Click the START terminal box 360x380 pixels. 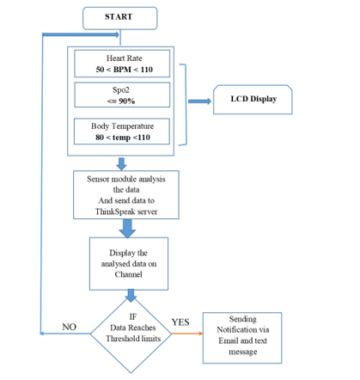tap(120, 17)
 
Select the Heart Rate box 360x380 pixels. tap(122, 63)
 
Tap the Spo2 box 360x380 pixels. tap(122, 95)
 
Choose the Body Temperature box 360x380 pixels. tap(122, 132)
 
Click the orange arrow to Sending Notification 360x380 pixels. tap(186, 334)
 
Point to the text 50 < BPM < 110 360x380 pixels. tap(122, 68)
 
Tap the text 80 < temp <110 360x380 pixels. tap(122, 138)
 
